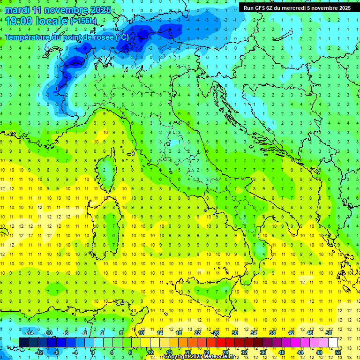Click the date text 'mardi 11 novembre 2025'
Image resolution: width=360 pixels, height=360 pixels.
(58, 10)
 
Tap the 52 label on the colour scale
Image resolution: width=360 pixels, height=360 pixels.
(338, 352)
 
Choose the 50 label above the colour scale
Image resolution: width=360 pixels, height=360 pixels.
(329, 333)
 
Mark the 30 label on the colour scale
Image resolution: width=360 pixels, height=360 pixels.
(234, 333)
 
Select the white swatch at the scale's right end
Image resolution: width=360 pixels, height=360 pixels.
(333, 342)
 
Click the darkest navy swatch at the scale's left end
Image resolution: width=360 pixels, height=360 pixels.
(23, 342)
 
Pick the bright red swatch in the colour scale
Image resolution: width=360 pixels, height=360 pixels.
(220, 342)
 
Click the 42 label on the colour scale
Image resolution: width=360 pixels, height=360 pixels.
(291, 333)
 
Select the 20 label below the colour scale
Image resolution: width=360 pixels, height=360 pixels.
(187, 352)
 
